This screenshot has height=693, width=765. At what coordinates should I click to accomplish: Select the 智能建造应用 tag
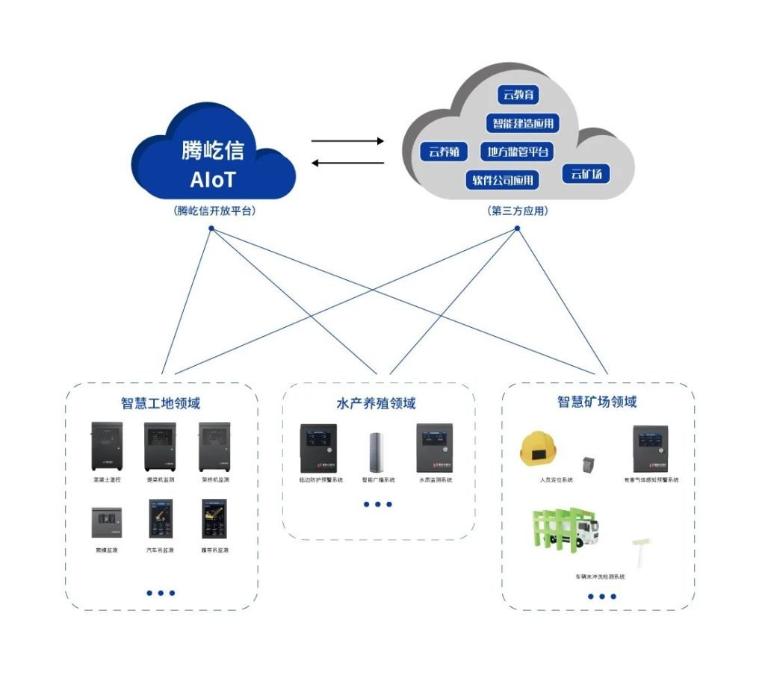(x=523, y=123)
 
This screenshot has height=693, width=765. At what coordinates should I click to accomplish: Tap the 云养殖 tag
(x=444, y=152)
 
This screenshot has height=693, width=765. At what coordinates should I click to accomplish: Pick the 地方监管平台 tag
(x=518, y=152)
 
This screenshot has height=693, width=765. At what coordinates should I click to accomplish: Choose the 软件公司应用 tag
(x=503, y=180)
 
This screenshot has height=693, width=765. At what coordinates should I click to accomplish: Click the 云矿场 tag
(x=586, y=175)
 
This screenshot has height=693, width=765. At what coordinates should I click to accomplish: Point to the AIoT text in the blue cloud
(x=213, y=180)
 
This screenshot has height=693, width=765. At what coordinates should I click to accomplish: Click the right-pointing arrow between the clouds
(x=347, y=140)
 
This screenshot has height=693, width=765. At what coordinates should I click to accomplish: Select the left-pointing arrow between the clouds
(x=347, y=163)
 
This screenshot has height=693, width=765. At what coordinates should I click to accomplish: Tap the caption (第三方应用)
(x=518, y=211)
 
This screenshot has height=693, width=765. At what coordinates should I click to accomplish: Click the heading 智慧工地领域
(x=161, y=404)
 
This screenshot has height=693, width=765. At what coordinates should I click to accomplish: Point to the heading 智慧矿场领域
(x=597, y=402)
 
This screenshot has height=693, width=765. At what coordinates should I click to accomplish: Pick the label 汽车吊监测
(x=161, y=550)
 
